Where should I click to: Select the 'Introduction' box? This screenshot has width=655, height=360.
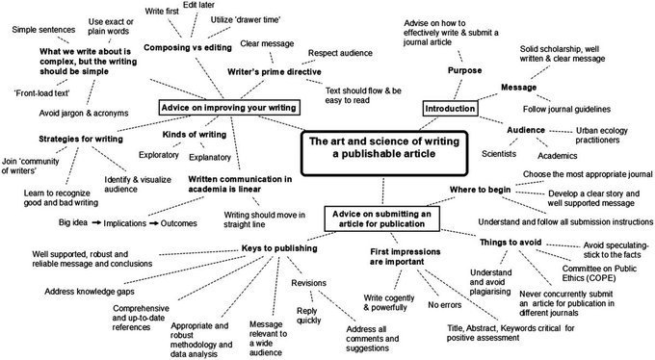tap(450, 109)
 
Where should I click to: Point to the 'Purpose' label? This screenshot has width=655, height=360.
tap(464, 70)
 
